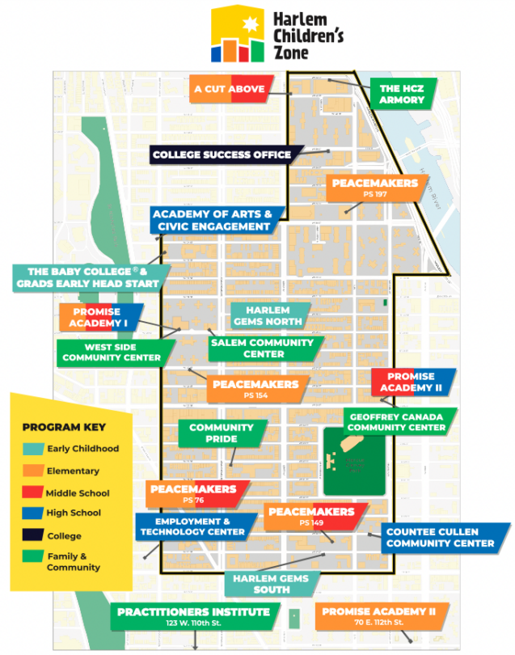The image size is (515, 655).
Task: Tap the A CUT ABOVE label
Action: click(230, 89)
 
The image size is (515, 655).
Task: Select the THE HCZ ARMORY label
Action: click(402, 94)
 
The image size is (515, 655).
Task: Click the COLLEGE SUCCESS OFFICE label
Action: click(222, 154)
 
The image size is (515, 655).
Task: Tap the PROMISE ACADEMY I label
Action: click(99, 317)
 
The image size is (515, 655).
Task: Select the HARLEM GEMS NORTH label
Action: click(267, 315)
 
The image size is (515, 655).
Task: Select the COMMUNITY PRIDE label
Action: click(221, 433)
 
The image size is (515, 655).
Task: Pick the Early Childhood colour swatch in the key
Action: click(32, 449)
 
